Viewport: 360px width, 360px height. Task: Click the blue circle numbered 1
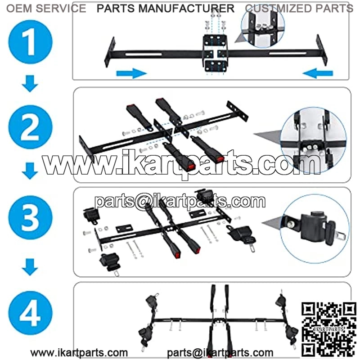tap(30, 41)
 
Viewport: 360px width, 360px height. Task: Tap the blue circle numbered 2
tap(30, 127)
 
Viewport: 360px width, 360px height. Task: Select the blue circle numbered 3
tap(30, 217)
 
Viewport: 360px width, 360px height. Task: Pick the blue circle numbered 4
tap(30, 313)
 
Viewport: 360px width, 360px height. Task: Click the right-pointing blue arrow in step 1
tap(131, 73)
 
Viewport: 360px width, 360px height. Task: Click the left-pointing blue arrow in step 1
tap(318, 73)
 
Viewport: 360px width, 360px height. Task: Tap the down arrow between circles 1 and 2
tap(30, 84)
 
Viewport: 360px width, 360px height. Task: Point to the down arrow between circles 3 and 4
tap(30, 267)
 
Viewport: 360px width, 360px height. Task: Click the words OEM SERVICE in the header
tap(46, 9)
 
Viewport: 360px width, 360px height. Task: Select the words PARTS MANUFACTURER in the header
tap(166, 9)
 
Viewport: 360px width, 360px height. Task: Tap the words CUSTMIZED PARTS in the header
tap(299, 9)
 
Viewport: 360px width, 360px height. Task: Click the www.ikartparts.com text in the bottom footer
tap(79, 353)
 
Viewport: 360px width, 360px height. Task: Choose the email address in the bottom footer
tap(220, 353)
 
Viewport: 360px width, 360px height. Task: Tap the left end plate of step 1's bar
tap(109, 52)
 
